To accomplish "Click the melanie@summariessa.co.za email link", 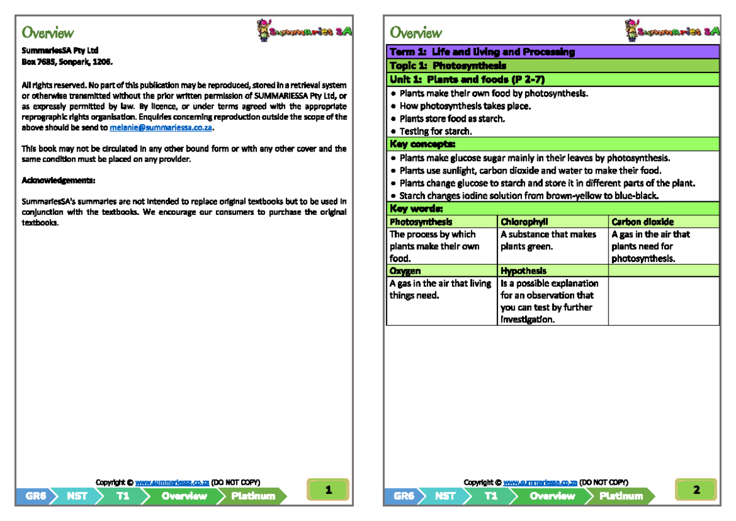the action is pos(161,128).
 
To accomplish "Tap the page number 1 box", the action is pos(329,490).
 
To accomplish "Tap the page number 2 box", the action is pos(696,490).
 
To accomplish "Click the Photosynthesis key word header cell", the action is pos(421,222).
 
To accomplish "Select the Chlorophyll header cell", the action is pos(524,222).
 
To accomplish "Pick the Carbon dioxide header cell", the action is pos(642,222).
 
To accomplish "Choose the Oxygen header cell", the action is pos(405,271).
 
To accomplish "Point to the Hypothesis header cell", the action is pos(523,271).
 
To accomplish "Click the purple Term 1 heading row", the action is pos(552,52).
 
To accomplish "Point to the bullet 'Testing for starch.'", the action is pos(435,131).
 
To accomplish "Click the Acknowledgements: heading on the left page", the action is pos(58,180).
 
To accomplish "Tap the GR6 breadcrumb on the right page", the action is pos(404,496).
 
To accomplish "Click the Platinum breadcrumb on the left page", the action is pos(253,496).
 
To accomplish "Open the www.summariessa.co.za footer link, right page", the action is pos(540,482).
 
